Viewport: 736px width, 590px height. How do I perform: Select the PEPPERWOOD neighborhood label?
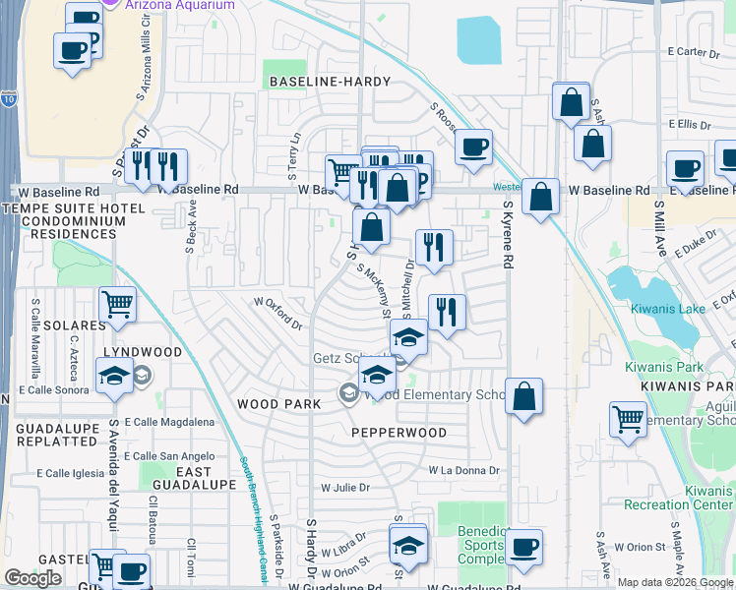tap(399, 433)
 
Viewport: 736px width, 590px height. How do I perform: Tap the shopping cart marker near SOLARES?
tap(117, 305)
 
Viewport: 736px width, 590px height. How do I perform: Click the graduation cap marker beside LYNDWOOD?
tap(114, 376)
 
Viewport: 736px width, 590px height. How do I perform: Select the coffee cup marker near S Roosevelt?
tap(473, 147)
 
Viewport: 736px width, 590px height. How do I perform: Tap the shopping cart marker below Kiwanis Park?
tap(628, 419)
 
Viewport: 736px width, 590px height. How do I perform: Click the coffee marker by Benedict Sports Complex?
tap(523, 548)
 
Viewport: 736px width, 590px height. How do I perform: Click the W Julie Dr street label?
tap(344, 487)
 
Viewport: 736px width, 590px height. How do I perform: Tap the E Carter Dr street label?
tap(688, 51)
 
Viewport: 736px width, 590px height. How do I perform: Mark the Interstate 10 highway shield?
tap(8, 99)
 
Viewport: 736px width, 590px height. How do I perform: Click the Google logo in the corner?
tap(32, 578)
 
